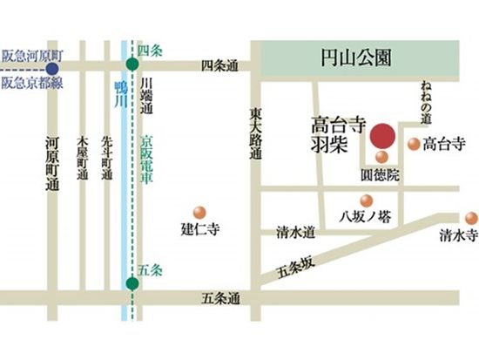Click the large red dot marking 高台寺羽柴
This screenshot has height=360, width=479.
(381, 138)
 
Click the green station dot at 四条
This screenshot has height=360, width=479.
(132, 65)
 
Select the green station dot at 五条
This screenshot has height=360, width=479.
(132, 283)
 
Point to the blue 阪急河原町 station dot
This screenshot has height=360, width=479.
(51, 66)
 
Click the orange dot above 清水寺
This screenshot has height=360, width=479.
(470, 217)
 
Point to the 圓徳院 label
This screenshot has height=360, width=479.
(380, 175)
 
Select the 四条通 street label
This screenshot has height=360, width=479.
(219, 65)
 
